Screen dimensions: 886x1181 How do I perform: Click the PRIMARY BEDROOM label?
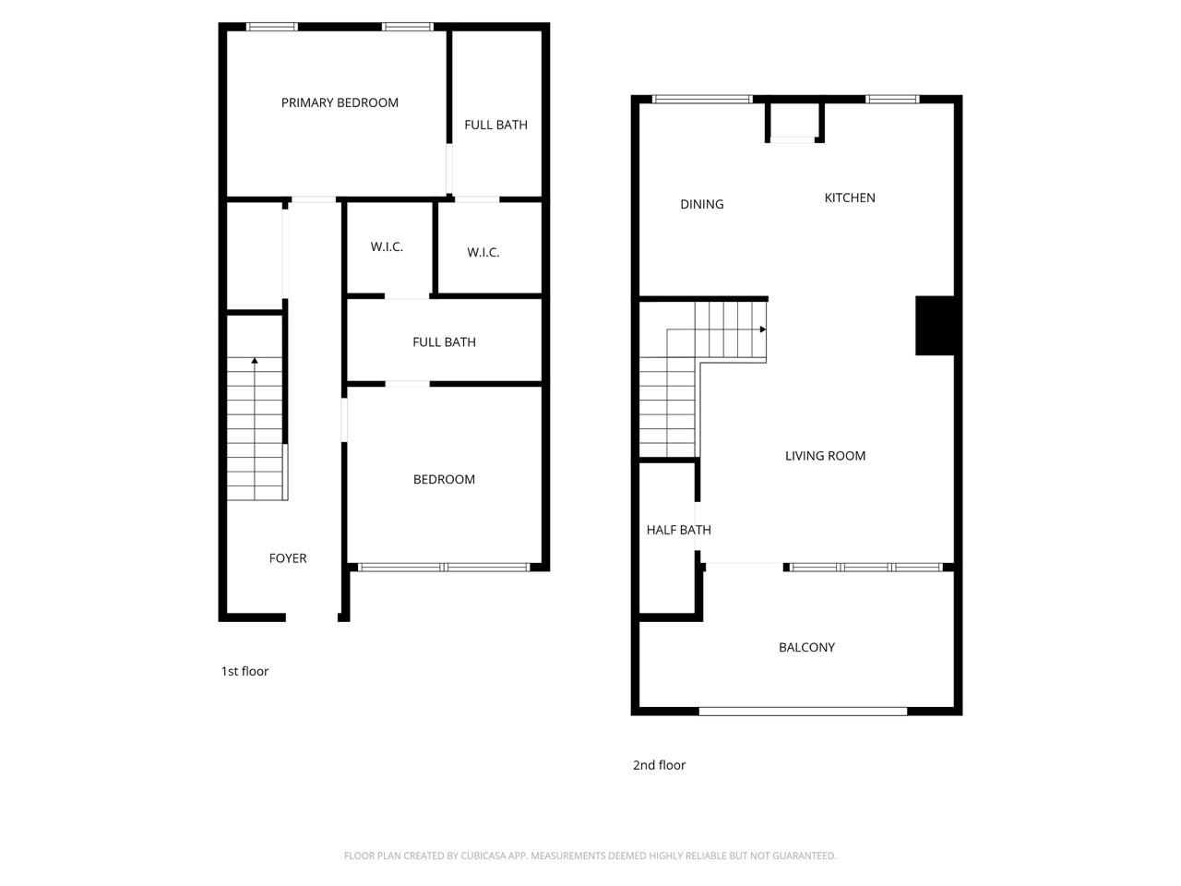[340, 102]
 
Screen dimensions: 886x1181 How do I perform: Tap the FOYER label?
[287, 558]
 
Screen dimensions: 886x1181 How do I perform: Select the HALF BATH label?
[678, 530]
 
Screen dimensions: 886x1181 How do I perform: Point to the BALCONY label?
[806, 647]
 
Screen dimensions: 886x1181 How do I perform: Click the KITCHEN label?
[849, 198]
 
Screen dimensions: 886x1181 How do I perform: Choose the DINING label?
[701, 204]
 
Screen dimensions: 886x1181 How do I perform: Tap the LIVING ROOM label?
[825, 455]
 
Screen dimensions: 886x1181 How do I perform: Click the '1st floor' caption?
[245, 671]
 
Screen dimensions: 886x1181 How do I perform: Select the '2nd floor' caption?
[659, 765]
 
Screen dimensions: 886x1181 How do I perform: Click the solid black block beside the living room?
[934, 325]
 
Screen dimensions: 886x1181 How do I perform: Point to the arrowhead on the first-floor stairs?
[255, 361]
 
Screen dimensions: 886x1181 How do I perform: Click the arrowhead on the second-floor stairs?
[762, 329]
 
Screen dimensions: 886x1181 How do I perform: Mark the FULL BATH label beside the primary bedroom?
[495, 125]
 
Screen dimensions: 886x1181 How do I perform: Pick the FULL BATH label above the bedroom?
[444, 341]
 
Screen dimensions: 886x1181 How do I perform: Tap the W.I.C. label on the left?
[387, 246]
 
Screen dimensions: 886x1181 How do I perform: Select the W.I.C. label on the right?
[483, 252]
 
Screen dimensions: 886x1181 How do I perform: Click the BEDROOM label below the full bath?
[444, 479]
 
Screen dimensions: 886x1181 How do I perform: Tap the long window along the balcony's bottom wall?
[803, 711]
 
